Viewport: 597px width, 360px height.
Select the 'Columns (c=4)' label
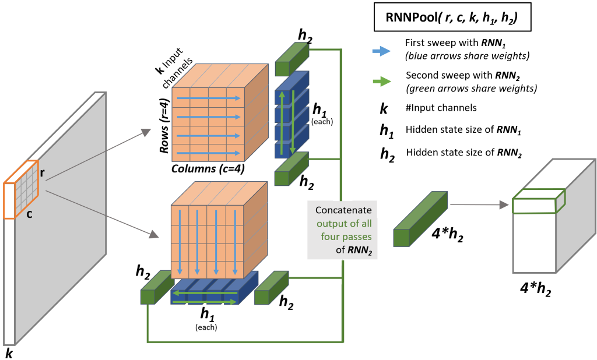(207, 169)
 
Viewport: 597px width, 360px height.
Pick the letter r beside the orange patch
(43, 172)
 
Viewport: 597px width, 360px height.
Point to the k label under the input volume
(8, 353)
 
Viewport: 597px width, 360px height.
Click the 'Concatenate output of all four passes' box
(343, 230)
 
